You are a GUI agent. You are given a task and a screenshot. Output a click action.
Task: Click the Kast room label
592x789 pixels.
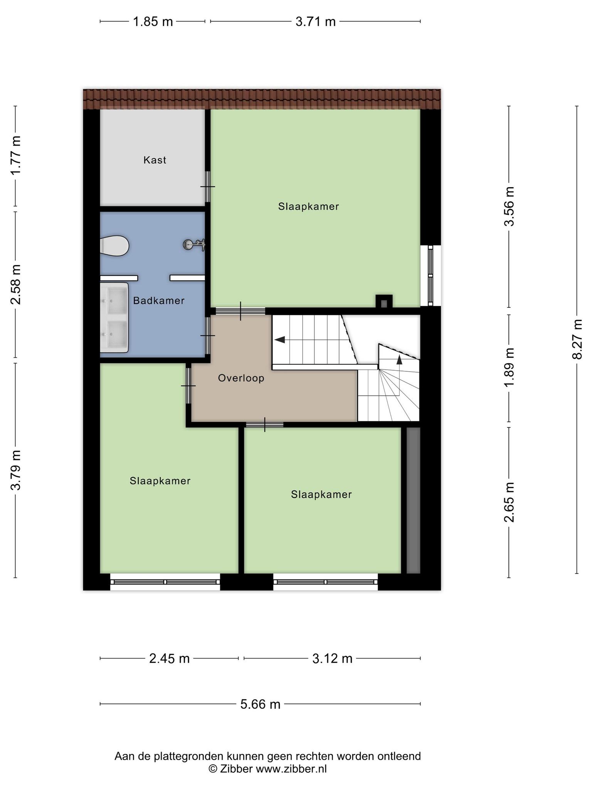point(155,160)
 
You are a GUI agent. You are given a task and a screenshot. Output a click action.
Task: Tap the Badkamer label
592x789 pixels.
point(159,300)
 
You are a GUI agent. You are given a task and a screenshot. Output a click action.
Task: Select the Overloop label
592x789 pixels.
point(241,378)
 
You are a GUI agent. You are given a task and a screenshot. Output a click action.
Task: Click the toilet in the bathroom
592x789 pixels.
point(114,246)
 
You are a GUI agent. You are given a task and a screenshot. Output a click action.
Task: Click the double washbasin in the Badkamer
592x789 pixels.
point(114,317)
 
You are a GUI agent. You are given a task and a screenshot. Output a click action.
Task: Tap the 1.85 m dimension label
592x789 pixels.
point(153,22)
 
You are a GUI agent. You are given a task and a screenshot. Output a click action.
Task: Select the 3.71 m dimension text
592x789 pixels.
point(316,22)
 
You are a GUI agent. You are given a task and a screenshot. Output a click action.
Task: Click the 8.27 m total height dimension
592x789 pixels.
point(577,339)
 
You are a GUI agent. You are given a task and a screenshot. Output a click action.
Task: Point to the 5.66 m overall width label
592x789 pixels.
point(261,704)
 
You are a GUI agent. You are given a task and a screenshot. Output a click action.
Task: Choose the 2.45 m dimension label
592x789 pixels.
point(170,659)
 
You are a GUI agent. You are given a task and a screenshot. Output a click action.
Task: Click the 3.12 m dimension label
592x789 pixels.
point(332,659)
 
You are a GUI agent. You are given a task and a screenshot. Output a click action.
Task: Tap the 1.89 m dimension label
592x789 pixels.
point(510,368)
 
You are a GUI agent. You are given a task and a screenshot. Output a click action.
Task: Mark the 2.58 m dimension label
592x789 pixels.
point(16,284)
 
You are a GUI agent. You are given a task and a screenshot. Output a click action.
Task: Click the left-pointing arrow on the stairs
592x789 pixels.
point(280,339)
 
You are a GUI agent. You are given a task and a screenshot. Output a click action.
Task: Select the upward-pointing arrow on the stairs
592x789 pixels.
point(399,360)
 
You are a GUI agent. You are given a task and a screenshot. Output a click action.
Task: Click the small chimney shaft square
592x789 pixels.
point(384,301)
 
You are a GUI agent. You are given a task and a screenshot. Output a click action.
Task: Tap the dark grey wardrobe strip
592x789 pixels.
point(413,500)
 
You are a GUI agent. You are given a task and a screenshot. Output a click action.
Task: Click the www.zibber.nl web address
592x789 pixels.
point(291,769)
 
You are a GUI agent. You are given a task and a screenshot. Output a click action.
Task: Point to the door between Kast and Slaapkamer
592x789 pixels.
point(208,187)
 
